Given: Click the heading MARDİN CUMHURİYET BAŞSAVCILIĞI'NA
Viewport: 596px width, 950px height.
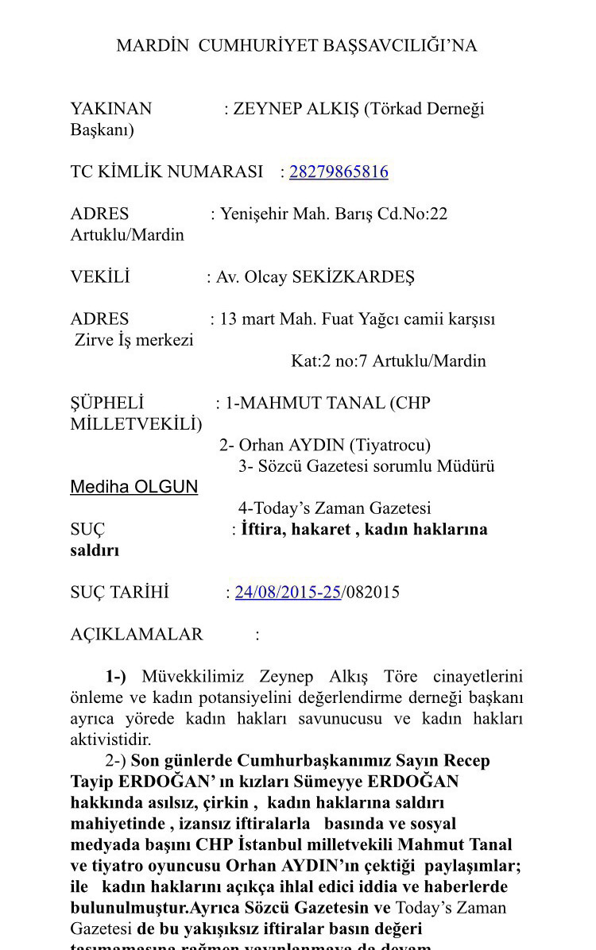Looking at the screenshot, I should point(296,45).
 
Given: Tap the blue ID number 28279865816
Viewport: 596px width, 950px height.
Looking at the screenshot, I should point(339,172).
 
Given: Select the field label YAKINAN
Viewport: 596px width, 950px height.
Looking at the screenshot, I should point(111,109).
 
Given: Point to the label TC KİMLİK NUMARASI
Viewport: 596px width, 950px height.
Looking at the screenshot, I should point(166,172).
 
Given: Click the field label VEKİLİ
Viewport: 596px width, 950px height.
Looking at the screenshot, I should point(100,277).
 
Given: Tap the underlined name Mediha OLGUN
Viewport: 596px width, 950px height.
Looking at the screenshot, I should point(134,487).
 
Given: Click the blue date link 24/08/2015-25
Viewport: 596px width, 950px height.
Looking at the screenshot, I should point(288,592).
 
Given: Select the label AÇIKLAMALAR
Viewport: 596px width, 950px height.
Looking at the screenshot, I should point(137,634).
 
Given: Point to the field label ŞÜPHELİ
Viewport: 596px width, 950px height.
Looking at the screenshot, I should point(107,403).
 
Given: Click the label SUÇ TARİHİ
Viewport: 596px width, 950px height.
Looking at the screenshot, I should point(119,592).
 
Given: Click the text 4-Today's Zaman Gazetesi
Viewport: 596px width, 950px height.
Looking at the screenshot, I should point(335,508).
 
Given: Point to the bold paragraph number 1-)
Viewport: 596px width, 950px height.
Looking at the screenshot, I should point(115,677).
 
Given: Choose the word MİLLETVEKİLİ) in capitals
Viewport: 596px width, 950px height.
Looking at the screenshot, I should point(136,424).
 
